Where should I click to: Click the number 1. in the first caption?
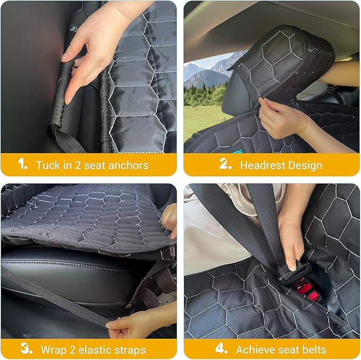pyautogui.click(x=22, y=165)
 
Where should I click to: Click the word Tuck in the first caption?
pyautogui.click(x=48, y=165)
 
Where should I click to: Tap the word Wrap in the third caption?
pyautogui.click(x=53, y=350)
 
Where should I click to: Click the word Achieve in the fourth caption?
pyautogui.click(x=255, y=350)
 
